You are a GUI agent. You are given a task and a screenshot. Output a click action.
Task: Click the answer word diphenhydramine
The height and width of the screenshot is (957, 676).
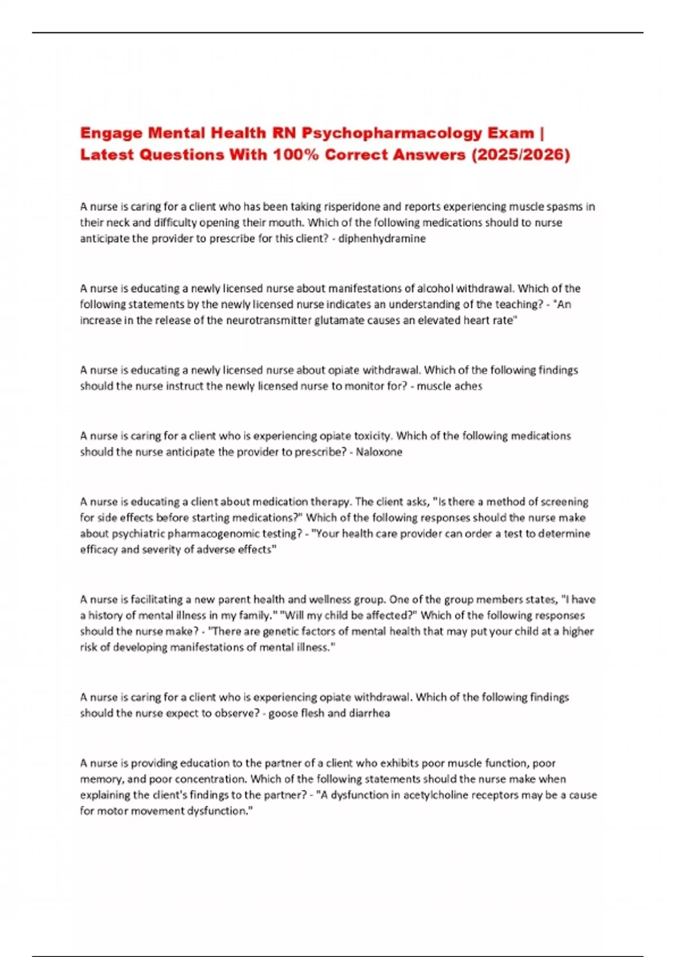click(x=382, y=239)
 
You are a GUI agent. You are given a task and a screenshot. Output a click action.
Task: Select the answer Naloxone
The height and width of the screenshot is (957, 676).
click(x=379, y=452)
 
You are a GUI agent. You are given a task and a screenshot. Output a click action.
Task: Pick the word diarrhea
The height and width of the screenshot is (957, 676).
click(x=369, y=713)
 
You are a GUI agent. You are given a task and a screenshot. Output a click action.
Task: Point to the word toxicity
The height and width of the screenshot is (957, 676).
click(x=372, y=436)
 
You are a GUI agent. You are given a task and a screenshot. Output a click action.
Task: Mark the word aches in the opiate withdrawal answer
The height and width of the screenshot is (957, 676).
click(x=469, y=386)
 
